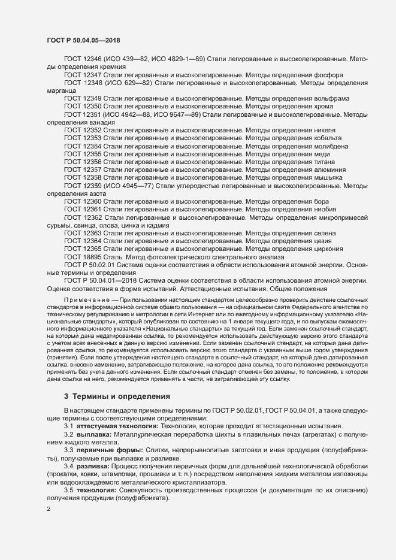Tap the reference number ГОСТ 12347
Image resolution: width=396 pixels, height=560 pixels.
click(x=83, y=75)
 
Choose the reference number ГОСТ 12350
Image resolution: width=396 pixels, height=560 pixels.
click(x=83, y=106)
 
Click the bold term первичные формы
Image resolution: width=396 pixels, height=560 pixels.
click(x=109, y=449)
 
